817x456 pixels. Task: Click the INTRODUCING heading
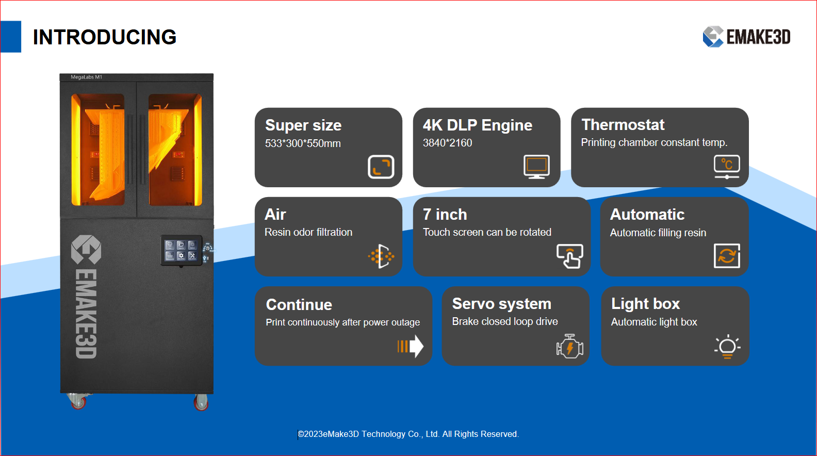click(105, 37)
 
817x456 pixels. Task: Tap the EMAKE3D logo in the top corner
click(746, 37)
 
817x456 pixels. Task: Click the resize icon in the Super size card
click(381, 167)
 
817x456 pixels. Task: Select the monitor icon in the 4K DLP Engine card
click(536, 167)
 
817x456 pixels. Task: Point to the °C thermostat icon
click(727, 167)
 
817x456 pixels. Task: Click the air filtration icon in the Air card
click(381, 256)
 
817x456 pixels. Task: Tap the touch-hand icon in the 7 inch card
click(570, 256)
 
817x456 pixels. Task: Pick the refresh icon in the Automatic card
click(727, 256)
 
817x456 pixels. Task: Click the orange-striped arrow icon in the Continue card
click(410, 346)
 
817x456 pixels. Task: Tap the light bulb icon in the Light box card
click(727, 346)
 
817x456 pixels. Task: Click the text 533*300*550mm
click(303, 143)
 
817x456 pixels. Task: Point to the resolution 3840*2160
click(447, 143)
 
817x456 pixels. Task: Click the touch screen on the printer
click(181, 250)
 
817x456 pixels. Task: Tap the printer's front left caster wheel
click(78, 401)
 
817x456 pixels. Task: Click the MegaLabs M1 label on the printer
click(86, 77)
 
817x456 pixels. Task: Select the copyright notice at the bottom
click(408, 434)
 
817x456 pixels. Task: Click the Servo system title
click(501, 304)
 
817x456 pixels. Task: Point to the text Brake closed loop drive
click(505, 321)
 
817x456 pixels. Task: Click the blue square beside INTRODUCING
click(11, 37)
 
